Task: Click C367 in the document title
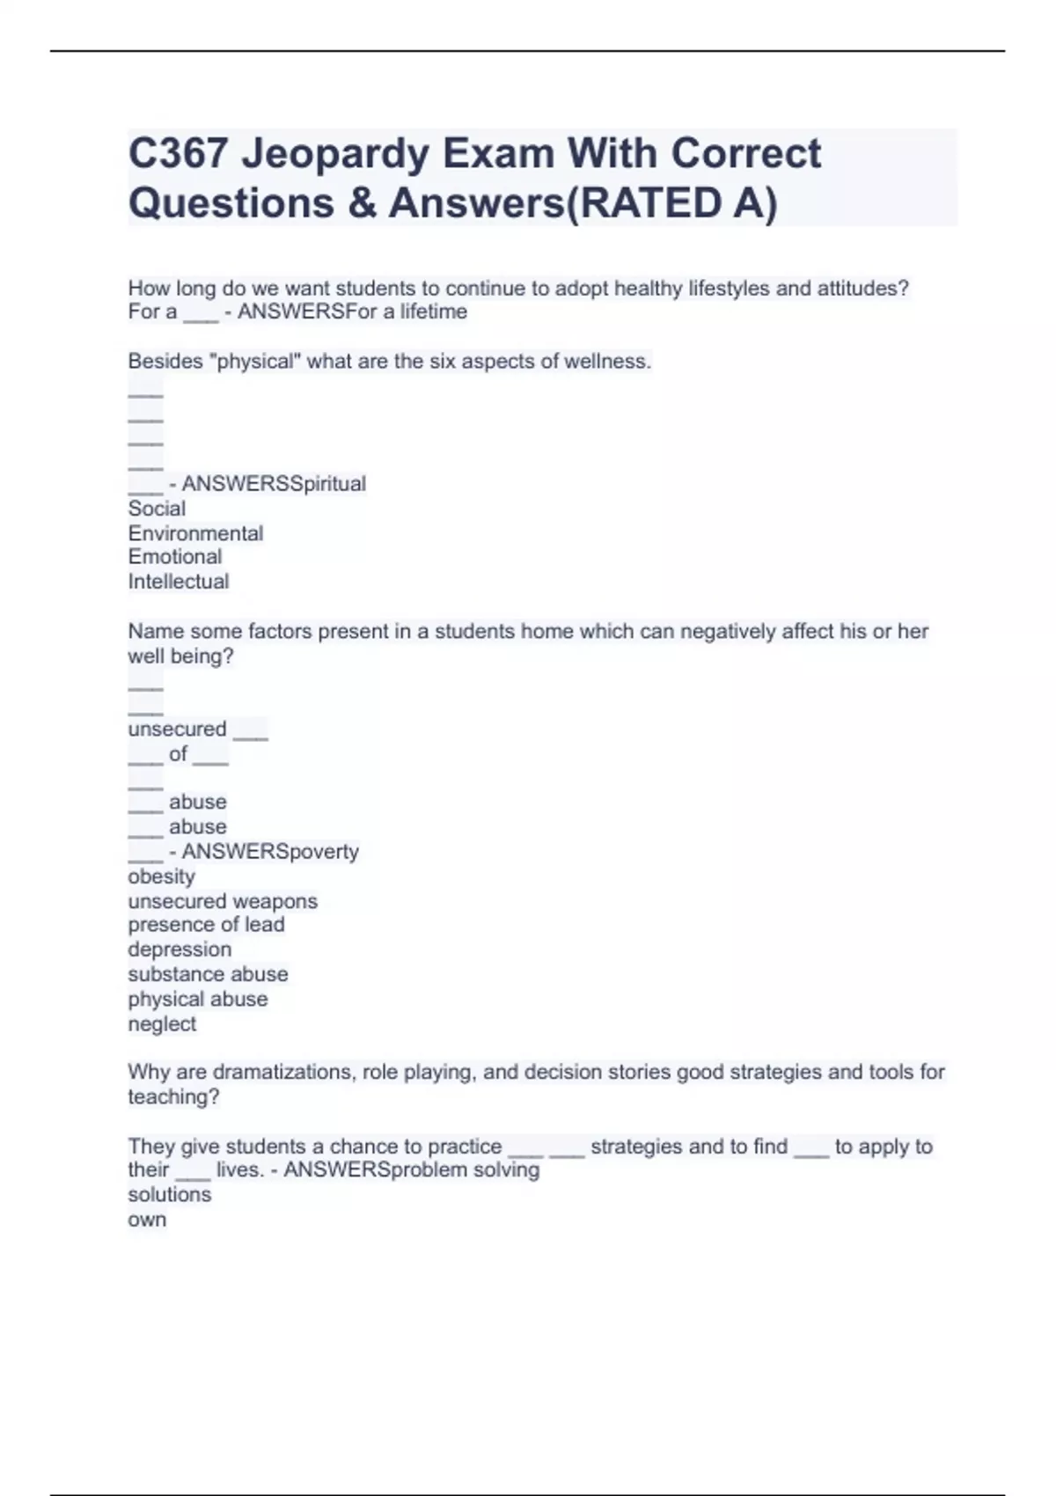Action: (179, 154)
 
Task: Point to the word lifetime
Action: (433, 312)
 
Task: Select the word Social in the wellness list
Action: (157, 509)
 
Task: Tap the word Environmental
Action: (195, 533)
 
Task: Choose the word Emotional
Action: (174, 557)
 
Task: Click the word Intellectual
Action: (178, 582)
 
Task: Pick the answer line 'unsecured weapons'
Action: (222, 901)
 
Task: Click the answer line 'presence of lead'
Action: (206, 925)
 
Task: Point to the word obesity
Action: (161, 876)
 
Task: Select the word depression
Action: (180, 950)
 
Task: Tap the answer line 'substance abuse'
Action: (208, 974)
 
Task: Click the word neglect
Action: (162, 1024)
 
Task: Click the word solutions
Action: (169, 1195)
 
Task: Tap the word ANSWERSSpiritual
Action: (274, 484)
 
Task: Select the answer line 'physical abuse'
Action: (197, 1000)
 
